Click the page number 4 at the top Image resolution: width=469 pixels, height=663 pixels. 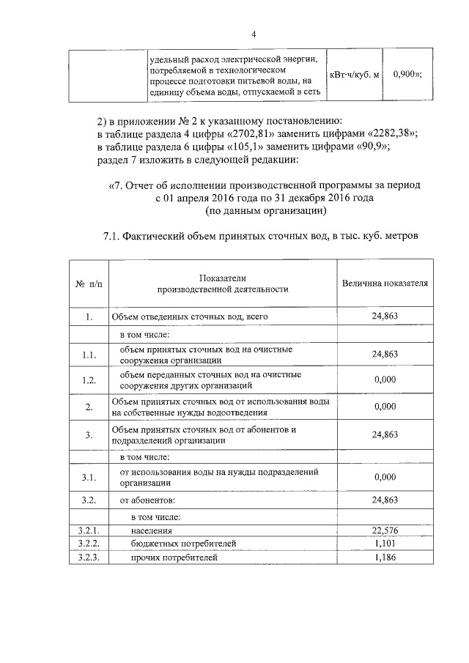click(x=254, y=34)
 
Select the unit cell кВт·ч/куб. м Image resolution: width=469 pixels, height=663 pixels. click(x=355, y=75)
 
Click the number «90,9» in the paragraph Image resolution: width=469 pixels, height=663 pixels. click(x=368, y=146)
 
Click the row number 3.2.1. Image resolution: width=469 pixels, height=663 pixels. click(x=88, y=531)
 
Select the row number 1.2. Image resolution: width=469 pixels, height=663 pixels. click(x=88, y=379)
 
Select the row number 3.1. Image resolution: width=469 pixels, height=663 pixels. click(x=88, y=478)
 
